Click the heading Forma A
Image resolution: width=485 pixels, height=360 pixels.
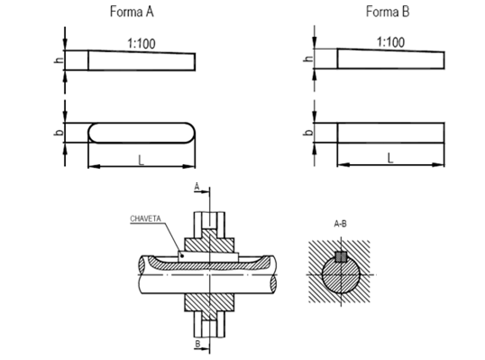pyautogui.click(x=132, y=12)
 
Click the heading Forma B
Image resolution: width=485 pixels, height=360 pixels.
pyautogui.click(x=388, y=12)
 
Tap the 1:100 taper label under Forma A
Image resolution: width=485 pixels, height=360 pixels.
pyautogui.click(x=142, y=43)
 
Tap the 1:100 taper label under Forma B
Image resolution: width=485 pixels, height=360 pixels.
pyautogui.click(x=390, y=42)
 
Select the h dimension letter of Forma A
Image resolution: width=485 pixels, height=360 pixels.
pyautogui.click(x=59, y=60)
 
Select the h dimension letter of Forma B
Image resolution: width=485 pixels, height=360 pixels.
pyautogui.click(x=308, y=58)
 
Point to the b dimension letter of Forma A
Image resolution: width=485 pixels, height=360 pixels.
pyautogui.click(x=59, y=132)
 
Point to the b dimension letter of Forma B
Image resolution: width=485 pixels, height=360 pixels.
pyautogui.click(x=308, y=132)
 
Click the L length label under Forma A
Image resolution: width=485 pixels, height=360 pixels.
pyautogui.click(x=142, y=161)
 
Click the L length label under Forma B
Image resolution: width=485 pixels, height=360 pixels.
pyautogui.click(x=390, y=159)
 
